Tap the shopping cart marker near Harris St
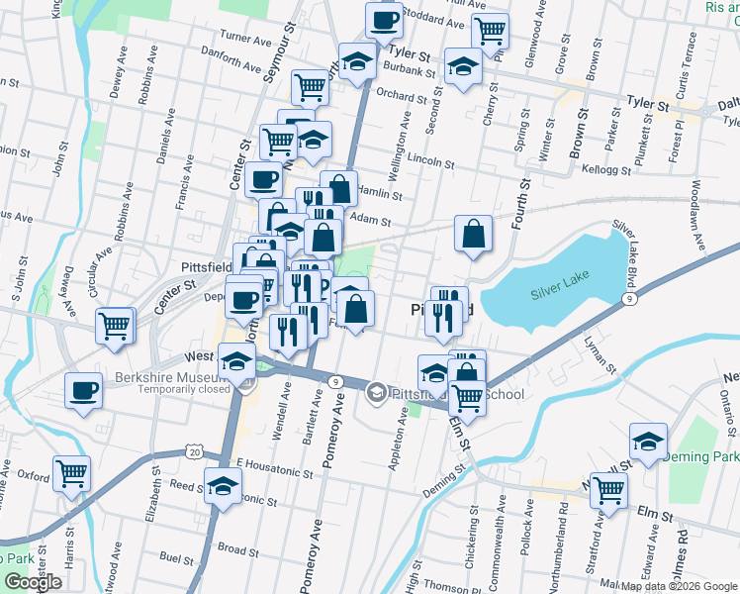(x=72, y=473)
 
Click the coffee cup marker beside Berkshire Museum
(x=84, y=390)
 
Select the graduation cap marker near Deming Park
(x=648, y=442)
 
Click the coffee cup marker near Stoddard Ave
(x=384, y=19)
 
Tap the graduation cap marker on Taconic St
(x=223, y=486)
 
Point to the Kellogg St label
(x=607, y=169)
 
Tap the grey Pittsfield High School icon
(x=376, y=393)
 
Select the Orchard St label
(x=401, y=96)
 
